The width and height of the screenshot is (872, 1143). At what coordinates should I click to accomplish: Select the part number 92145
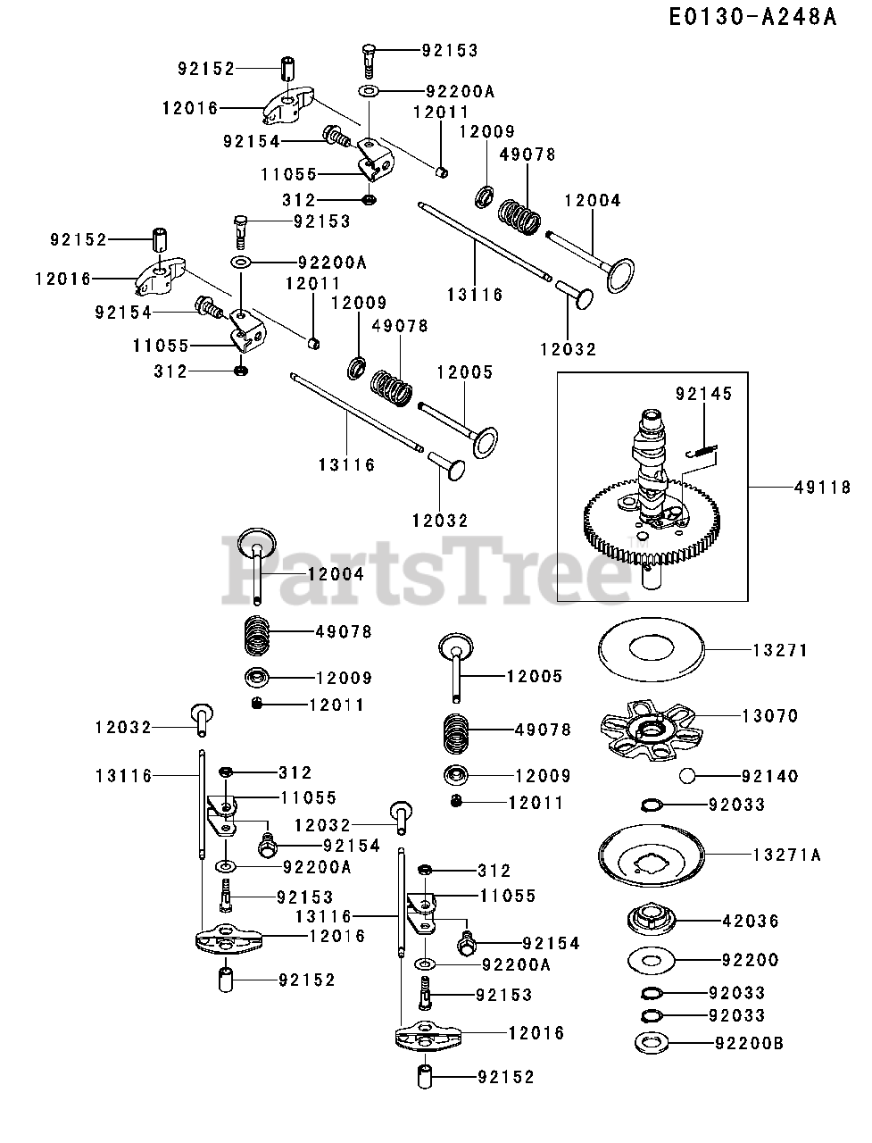click(x=704, y=393)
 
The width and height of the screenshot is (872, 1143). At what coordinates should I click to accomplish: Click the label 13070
click(x=770, y=716)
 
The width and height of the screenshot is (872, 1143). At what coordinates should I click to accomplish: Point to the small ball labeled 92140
click(x=688, y=775)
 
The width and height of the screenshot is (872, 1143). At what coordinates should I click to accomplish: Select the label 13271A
click(x=786, y=855)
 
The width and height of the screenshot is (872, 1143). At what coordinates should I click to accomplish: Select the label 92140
click(x=770, y=776)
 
